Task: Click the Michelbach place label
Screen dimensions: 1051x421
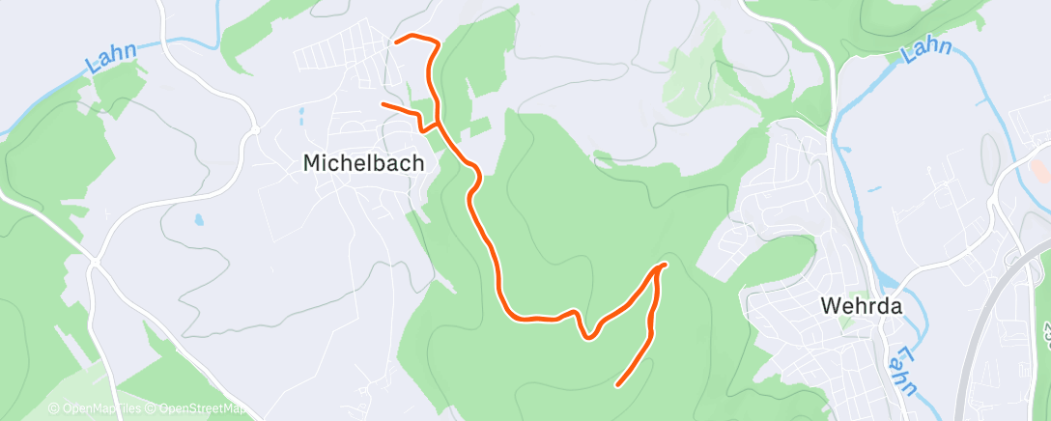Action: pos(363,163)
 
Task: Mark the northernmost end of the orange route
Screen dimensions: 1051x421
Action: pos(397,41)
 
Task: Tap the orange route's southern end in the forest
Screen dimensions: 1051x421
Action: pos(617,385)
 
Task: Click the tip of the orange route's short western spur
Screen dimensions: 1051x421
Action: pos(383,103)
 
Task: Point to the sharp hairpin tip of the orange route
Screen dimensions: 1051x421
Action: pos(665,264)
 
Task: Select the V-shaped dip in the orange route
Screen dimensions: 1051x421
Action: pos(587,336)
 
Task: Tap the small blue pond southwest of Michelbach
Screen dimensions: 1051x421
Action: pos(199,220)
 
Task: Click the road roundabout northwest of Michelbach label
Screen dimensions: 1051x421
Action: pos(254,130)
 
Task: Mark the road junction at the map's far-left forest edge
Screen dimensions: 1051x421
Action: pos(95,261)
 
